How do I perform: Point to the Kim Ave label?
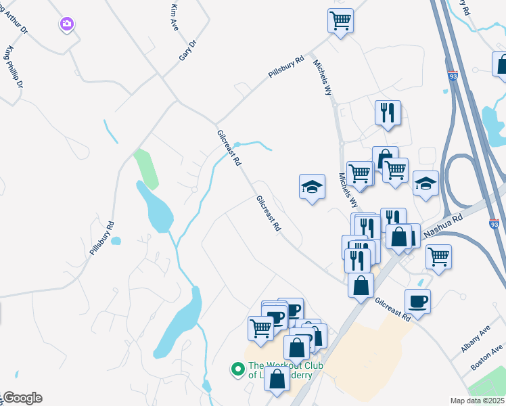[175, 16]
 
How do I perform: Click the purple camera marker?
[66, 25]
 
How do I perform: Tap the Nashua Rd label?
[442, 226]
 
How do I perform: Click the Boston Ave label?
[487, 356]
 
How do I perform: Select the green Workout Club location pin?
[237, 369]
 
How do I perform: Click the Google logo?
[22, 398]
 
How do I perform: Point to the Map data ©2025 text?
[476, 401]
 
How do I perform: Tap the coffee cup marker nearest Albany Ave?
[417, 301]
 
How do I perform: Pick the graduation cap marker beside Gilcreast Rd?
[313, 186]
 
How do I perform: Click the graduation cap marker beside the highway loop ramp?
[425, 183]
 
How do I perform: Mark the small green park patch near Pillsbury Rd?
[146, 168]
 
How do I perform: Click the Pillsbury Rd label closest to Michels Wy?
[286, 68]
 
